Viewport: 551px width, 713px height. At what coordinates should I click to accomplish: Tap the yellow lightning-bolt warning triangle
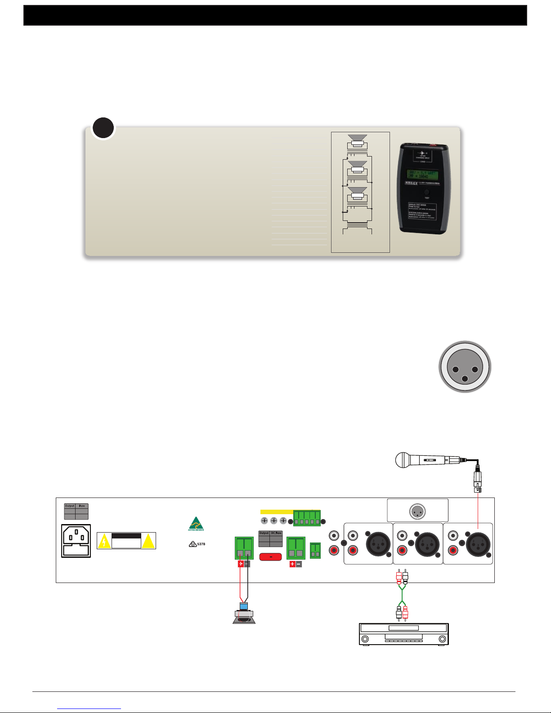coord(104,542)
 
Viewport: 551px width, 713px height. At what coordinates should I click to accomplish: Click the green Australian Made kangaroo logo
coord(196,524)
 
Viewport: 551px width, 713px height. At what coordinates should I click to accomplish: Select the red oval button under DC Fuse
coord(271,557)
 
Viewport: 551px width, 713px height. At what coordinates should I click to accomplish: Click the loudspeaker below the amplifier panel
coord(244,615)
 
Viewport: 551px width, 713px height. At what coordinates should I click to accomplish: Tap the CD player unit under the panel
coord(404,634)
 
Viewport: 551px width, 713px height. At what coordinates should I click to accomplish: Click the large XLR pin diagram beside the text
coord(465,367)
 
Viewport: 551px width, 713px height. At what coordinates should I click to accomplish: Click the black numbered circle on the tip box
coord(103,128)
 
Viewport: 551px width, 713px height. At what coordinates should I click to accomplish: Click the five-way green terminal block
coord(307,518)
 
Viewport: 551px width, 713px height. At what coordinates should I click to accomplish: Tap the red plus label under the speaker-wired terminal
coord(241,564)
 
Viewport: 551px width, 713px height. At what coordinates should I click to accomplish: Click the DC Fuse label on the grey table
coord(276,533)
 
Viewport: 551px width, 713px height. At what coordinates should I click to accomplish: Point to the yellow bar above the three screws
coord(277,512)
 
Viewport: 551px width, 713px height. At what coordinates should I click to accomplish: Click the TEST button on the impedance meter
coord(426,192)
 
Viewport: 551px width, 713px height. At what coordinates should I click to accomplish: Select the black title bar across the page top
coord(275,15)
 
